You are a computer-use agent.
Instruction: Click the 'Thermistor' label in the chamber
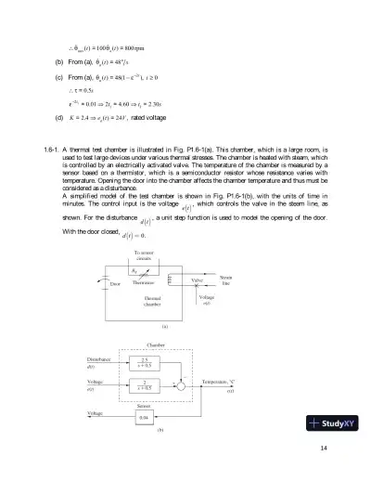pos(143,281)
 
